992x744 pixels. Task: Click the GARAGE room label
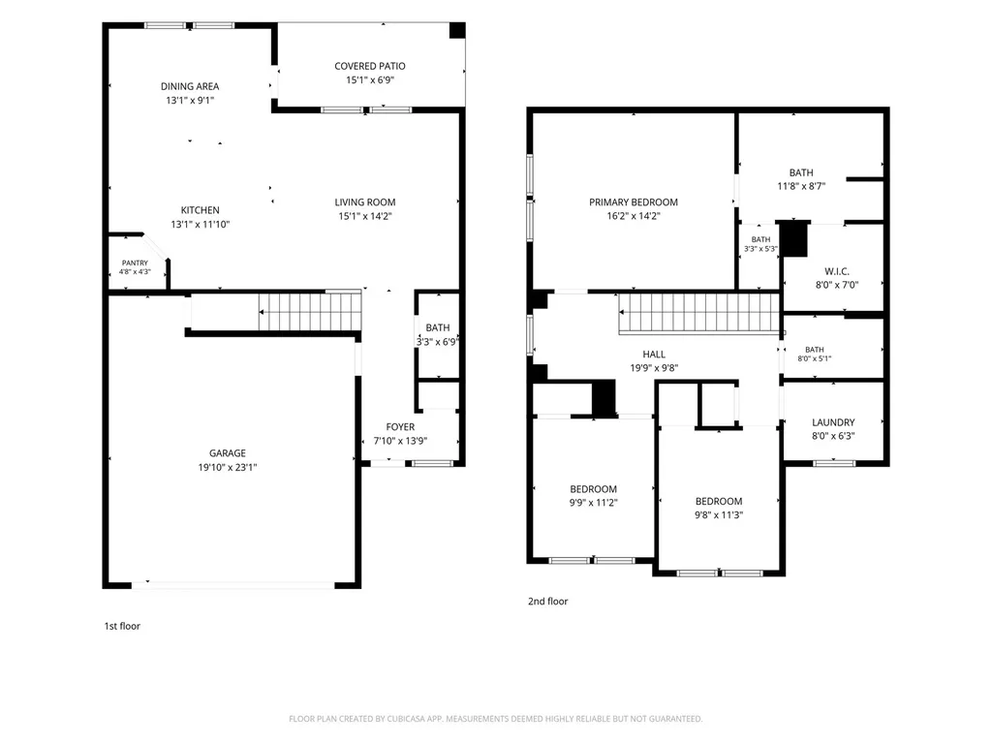point(228,453)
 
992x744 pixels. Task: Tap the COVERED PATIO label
point(370,66)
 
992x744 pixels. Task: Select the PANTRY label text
point(135,263)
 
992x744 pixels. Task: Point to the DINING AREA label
point(190,86)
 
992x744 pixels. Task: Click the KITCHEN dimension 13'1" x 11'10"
point(200,224)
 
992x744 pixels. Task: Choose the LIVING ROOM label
point(365,201)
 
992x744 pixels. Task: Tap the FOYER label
point(400,427)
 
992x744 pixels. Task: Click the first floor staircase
point(310,311)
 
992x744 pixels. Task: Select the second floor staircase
point(699,313)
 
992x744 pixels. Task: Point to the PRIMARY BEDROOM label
point(634,201)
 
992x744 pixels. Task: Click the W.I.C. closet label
point(837,271)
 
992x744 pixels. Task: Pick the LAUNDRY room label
point(833,422)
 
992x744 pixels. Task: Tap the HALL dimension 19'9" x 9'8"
point(654,368)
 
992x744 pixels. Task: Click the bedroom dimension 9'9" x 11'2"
point(594,503)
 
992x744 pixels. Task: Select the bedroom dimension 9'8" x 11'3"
point(719,515)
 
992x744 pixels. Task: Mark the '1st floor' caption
point(122,627)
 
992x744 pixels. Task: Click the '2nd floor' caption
point(548,601)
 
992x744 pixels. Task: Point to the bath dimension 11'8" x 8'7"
point(801,186)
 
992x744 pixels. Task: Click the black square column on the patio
point(457,30)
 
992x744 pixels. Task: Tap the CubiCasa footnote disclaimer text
point(495,719)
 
